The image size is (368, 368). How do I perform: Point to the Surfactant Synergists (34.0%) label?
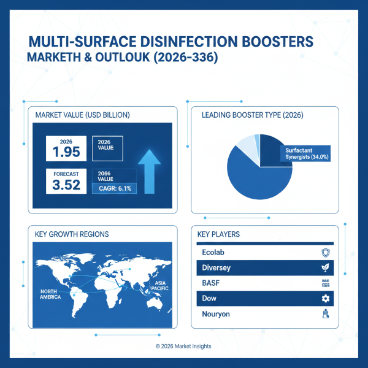pyautogui.click(x=307, y=154)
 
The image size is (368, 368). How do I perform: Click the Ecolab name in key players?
pyautogui.click(x=213, y=252)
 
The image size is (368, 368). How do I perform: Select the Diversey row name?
pyautogui.click(x=216, y=267)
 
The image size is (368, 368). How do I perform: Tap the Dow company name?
pyautogui.click(x=209, y=298)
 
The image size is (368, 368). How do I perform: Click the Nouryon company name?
pyautogui.click(x=216, y=313)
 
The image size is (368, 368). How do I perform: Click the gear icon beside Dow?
pyautogui.click(x=326, y=298)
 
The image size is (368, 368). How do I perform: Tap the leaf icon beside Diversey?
pyautogui.click(x=326, y=267)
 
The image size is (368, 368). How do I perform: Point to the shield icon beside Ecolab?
pyautogui.click(x=326, y=252)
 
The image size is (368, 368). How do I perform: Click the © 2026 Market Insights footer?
pyautogui.click(x=183, y=347)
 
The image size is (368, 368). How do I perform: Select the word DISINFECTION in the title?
pyautogui.click(x=171, y=42)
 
